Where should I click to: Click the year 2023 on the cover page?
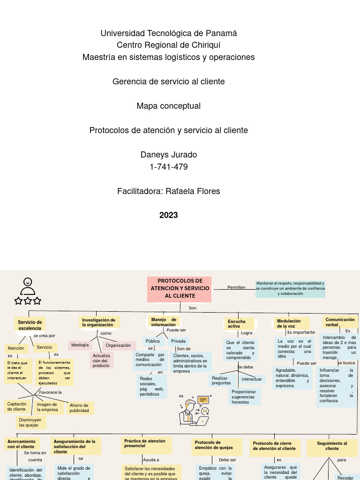coord(169,215)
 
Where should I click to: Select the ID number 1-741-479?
coord(169,166)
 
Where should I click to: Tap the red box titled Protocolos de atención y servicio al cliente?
coord(180,289)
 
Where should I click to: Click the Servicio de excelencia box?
coord(30,325)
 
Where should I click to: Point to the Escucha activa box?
coord(239,323)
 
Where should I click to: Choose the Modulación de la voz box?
coord(291,323)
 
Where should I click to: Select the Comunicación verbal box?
coord(340,322)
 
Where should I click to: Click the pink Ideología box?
coord(80,345)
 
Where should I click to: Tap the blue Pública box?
coord(153,341)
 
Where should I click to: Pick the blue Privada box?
coord(178,341)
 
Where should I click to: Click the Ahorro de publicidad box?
coord(80,408)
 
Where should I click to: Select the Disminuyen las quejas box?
coord(30,422)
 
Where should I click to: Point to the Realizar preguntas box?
coord(222,381)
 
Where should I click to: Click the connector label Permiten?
coord(236,287)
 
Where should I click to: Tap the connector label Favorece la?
coord(51,392)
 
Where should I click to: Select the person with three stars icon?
coord(28,292)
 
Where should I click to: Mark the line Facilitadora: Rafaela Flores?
coord(169,191)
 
